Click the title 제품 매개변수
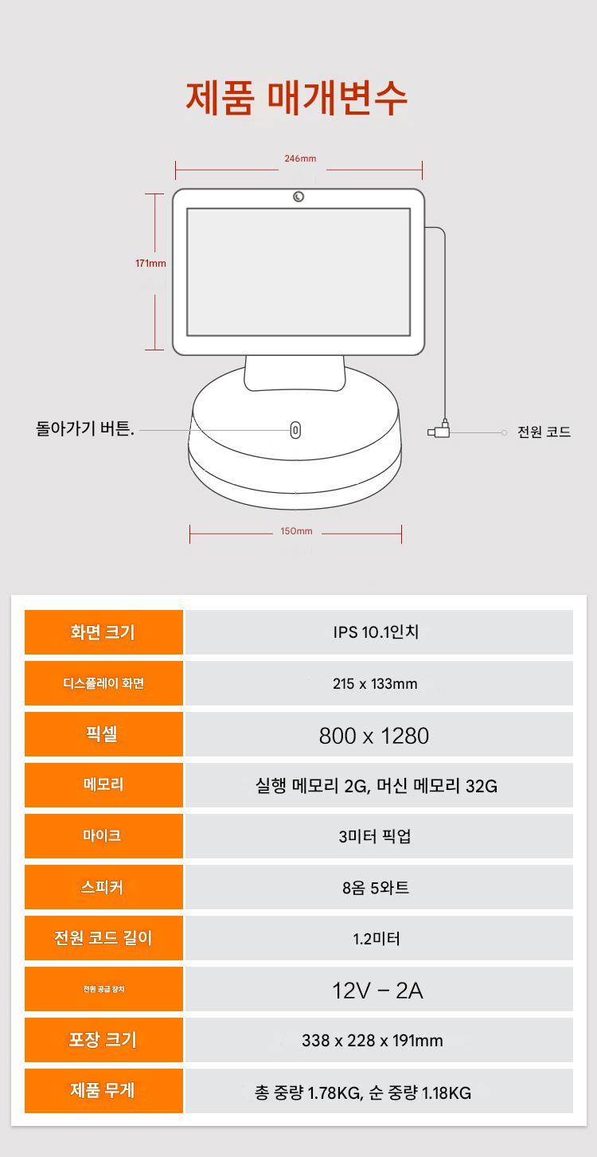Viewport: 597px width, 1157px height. click(x=297, y=98)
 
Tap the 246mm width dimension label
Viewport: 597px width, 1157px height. click(x=300, y=158)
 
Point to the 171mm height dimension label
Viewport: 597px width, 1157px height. click(x=150, y=264)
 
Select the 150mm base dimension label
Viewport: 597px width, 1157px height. click(x=296, y=531)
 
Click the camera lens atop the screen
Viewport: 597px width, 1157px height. click(x=298, y=197)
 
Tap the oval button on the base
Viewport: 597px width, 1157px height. click(x=295, y=430)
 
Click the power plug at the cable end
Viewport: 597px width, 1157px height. click(x=439, y=430)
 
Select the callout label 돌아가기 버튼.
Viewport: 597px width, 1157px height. click(x=84, y=428)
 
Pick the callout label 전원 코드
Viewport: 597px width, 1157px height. click(x=544, y=432)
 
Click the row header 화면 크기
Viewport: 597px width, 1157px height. click(x=103, y=632)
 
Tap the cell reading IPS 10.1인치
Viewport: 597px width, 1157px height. click(x=376, y=632)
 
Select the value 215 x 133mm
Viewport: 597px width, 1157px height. click(x=375, y=684)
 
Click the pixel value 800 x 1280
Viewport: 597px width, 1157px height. click(x=374, y=736)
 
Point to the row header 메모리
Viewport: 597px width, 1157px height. click(x=103, y=784)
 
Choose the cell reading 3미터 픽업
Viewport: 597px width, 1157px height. click(x=375, y=836)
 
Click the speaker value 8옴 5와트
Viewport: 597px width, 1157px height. click(x=376, y=888)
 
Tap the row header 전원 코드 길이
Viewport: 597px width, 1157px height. click(x=103, y=938)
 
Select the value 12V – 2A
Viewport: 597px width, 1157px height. click(x=377, y=991)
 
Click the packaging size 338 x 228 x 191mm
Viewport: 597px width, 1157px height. click(x=373, y=1041)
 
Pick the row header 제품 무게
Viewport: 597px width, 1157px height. click(x=103, y=1090)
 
